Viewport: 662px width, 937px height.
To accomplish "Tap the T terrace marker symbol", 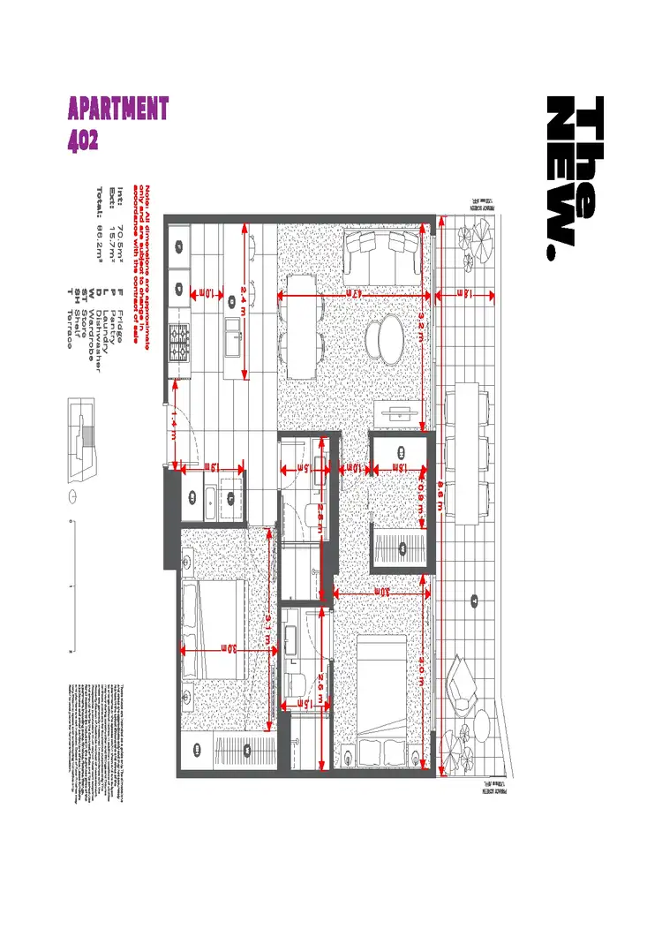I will (x=474, y=602).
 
